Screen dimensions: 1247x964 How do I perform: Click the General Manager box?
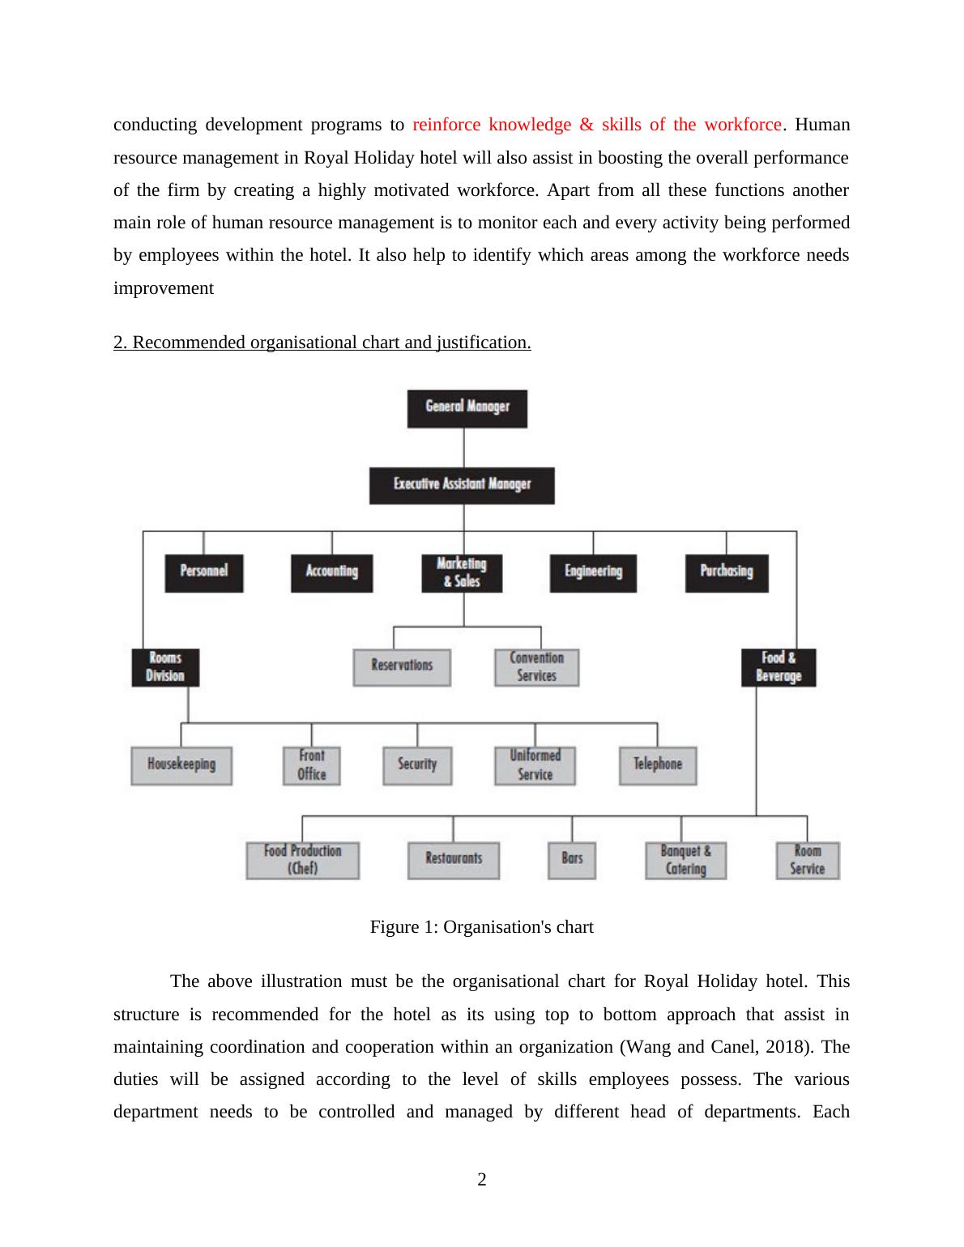click(x=467, y=408)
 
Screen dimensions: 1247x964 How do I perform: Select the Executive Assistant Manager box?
click(x=462, y=485)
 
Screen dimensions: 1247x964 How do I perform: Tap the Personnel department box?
click(x=203, y=572)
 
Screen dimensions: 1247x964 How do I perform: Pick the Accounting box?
click(x=331, y=572)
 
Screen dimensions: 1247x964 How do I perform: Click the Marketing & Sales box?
click(x=462, y=572)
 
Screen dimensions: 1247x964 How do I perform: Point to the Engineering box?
click(x=593, y=572)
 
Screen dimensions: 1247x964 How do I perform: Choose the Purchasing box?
click(x=726, y=572)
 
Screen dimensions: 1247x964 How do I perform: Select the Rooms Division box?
click(x=165, y=667)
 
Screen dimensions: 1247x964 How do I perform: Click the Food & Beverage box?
click(x=778, y=667)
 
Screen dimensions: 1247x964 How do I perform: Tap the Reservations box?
click(x=402, y=667)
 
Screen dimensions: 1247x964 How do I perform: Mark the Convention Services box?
click(x=536, y=667)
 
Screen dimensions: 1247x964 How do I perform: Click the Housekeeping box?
click(x=181, y=765)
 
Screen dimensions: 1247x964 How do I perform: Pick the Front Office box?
click(x=311, y=765)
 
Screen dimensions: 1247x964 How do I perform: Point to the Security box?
click(x=417, y=765)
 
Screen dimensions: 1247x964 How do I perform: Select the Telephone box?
click(x=657, y=765)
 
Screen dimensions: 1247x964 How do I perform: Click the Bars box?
click(x=572, y=860)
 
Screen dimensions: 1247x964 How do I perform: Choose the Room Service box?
click(x=807, y=860)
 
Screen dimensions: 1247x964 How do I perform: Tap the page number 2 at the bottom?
click(x=482, y=1180)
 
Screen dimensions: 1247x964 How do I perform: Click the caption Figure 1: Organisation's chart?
click(x=481, y=927)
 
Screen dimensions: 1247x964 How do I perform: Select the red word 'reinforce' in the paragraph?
click(x=448, y=125)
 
